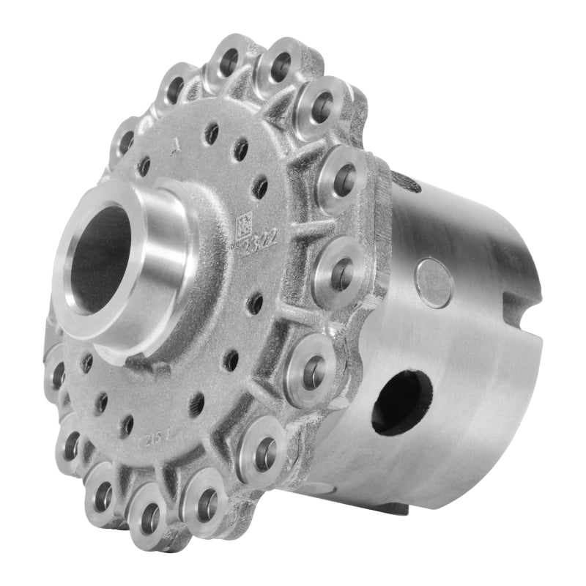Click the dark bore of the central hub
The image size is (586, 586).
(x=103, y=256)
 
